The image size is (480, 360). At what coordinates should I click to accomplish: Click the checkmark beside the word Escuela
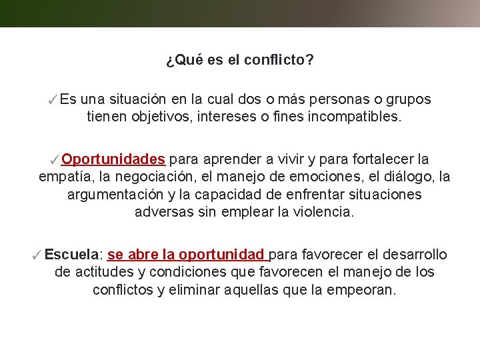37,255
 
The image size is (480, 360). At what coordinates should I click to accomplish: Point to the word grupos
409,100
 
